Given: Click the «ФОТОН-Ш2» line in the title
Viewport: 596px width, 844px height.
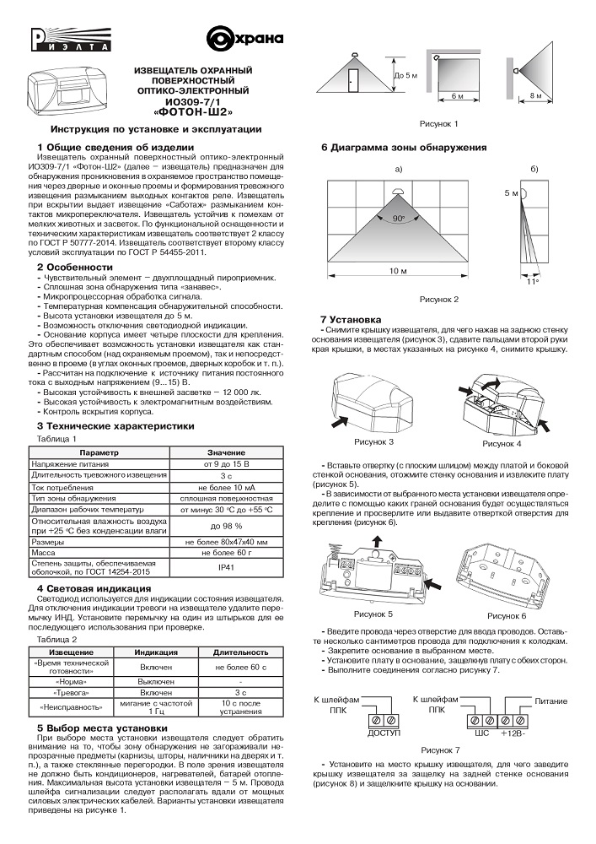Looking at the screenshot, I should (192, 111).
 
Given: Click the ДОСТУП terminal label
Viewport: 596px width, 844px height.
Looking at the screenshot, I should (384, 734).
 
